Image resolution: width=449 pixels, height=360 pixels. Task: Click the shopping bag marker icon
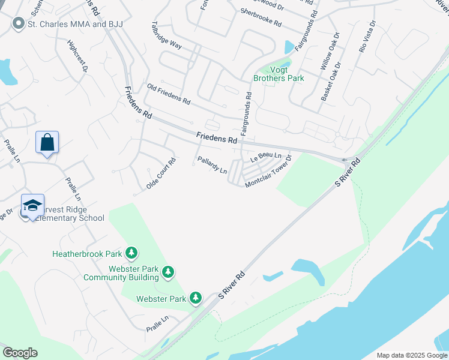coord(47,143)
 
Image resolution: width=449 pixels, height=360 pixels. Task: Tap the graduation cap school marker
coord(33,205)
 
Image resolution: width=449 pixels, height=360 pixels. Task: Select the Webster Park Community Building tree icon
coord(169,272)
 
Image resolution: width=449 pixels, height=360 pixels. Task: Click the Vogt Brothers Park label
coord(279,74)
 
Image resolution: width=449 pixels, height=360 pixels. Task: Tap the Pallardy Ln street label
coord(212,165)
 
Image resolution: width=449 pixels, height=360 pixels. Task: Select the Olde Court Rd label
coord(161,174)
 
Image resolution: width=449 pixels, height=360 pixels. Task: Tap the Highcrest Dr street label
coord(77,57)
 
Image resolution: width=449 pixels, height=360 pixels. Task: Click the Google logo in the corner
coord(20,353)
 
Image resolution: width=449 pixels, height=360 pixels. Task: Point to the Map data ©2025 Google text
coord(412,355)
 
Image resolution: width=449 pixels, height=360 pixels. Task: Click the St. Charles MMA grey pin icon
coord(19,24)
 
